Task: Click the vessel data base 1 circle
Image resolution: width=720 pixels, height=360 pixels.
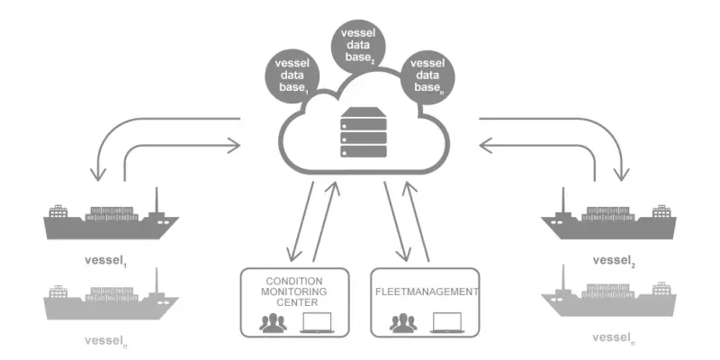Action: (x=292, y=76)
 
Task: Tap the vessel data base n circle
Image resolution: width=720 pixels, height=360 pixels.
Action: (x=428, y=76)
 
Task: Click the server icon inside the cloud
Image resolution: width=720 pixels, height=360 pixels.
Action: (x=363, y=132)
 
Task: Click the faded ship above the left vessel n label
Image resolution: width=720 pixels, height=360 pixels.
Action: (x=111, y=299)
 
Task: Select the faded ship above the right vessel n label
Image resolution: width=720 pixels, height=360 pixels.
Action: (x=609, y=297)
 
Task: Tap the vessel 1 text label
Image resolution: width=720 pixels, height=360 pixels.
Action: (x=106, y=261)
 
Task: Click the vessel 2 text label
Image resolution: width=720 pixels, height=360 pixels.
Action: (x=614, y=261)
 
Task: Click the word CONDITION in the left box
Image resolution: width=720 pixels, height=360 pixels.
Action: (x=294, y=281)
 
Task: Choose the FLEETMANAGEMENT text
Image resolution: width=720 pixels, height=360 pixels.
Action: (x=427, y=292)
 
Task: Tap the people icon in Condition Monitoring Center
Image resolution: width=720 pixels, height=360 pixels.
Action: (x=273, y=323)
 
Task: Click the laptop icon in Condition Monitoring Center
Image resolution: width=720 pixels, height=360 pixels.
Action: (x=316, y=323)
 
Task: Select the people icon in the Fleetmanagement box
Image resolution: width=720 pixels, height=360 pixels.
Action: (x=403, y=323)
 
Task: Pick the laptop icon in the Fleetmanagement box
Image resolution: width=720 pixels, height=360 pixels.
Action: (x=446, y=323)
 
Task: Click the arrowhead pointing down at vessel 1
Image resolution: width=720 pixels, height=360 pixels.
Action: (x=98, y=175)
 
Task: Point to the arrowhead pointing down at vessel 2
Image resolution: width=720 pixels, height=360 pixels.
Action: (x=622, y=175)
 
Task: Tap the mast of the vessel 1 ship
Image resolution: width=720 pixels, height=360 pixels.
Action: (x=157, y=201)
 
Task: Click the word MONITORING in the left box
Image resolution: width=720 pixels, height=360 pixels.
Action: (x=294, y=292)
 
